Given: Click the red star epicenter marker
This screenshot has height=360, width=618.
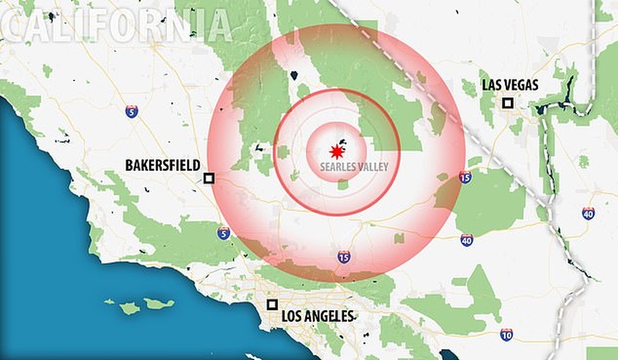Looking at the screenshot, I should tap(335, 151).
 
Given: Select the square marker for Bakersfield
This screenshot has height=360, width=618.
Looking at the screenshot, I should tap(209, 178).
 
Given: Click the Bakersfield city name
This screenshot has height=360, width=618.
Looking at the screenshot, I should tap(162, 166).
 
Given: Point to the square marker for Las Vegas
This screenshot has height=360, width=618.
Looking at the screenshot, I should tap(508, 103).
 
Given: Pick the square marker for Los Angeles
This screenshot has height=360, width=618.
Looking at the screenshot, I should tap(272, 305).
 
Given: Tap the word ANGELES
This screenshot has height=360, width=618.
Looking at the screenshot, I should tap(330, 316).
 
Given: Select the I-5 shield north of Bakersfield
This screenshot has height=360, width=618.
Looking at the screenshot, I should tap(131, 111).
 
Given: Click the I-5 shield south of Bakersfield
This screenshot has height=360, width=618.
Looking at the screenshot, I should tap(223, 233).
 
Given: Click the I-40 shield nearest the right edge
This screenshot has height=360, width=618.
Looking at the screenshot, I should tap(588, 213).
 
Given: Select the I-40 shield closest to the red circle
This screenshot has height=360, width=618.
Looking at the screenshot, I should tap(467, 240).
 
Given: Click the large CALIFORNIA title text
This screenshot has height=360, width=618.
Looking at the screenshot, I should tap(116, 25).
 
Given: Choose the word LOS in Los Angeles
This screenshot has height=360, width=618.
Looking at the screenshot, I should tap(293, 316).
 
